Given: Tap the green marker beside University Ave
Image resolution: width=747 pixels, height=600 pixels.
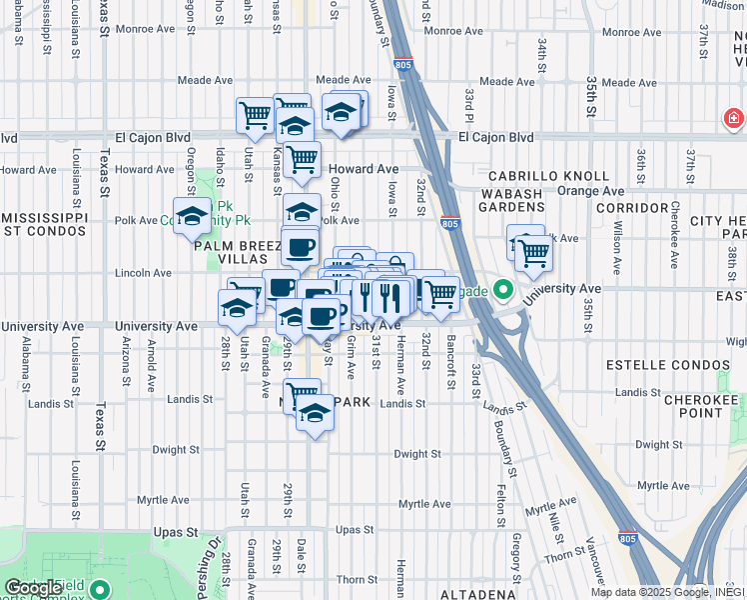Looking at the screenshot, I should click(x=503, y=293).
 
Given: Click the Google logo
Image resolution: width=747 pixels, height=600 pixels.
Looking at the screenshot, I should click(x=34, y=588).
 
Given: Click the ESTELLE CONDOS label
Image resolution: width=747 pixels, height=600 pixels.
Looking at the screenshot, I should click(x=683, y=363).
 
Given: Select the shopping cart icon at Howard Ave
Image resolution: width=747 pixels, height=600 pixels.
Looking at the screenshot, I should click(x=302, y=157).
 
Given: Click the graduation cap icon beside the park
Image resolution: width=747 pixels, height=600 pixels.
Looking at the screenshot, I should click(x=191, y=215).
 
